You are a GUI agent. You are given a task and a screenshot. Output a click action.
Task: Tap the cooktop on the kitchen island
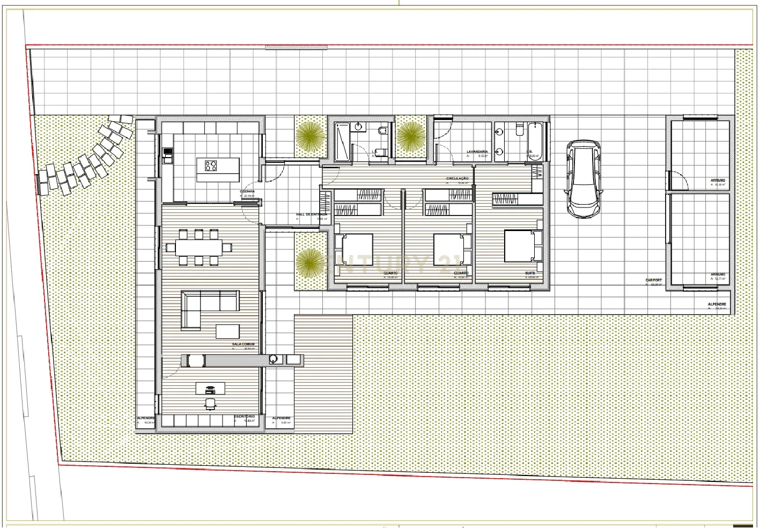click(x=210, y=165)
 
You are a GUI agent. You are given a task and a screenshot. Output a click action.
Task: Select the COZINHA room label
click(x=247, y=191)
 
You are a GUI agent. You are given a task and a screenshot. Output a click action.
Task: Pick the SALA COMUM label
click(x=242, y=344)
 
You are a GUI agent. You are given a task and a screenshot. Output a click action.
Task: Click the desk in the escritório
click(x=210, y=388)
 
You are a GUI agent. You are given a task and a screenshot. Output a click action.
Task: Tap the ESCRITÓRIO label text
click(x=244, y=417)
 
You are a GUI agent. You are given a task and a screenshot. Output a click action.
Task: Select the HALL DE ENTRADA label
click(x=311, y=214)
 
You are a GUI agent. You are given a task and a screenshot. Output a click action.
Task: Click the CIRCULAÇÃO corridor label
click(x=457, y=179)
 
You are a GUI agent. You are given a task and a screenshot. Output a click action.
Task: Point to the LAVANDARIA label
click(x=477, y=152)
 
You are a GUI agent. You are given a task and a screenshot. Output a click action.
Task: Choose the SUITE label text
click(x=530, y=273)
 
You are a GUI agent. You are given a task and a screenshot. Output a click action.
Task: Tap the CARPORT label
click(x=653, y=280)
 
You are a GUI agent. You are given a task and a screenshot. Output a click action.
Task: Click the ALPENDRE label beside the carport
click(x=717, y=304)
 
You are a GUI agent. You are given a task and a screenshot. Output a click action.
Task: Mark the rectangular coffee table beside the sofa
click(x=227, y=331)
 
